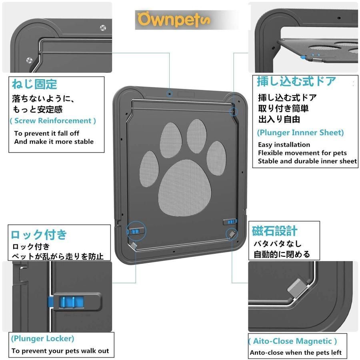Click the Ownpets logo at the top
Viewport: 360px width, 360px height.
point(174,20)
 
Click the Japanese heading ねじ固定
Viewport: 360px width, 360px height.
point(34,84)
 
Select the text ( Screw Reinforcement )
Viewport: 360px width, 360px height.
point(53,121)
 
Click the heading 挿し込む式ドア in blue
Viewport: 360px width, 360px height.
point(296,81)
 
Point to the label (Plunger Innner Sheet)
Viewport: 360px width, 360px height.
point(300,133)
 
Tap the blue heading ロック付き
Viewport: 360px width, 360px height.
point(39,234)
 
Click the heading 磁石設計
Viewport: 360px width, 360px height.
point(274,231)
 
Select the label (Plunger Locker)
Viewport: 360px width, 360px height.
point(42,339)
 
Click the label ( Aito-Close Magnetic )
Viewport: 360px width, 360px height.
point(292,341)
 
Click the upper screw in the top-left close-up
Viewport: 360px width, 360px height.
point(103,28)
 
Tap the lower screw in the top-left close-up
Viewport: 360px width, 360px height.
point(29,60)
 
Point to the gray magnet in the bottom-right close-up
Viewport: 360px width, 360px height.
point(298,288)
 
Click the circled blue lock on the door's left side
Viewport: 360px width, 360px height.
point(136,231)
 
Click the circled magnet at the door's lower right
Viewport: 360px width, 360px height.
point(232,234)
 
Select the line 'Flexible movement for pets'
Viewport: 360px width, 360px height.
point(302,153)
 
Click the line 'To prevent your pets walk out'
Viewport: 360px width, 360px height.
point(60,351)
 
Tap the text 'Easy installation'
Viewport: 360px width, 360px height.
point(284,145)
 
